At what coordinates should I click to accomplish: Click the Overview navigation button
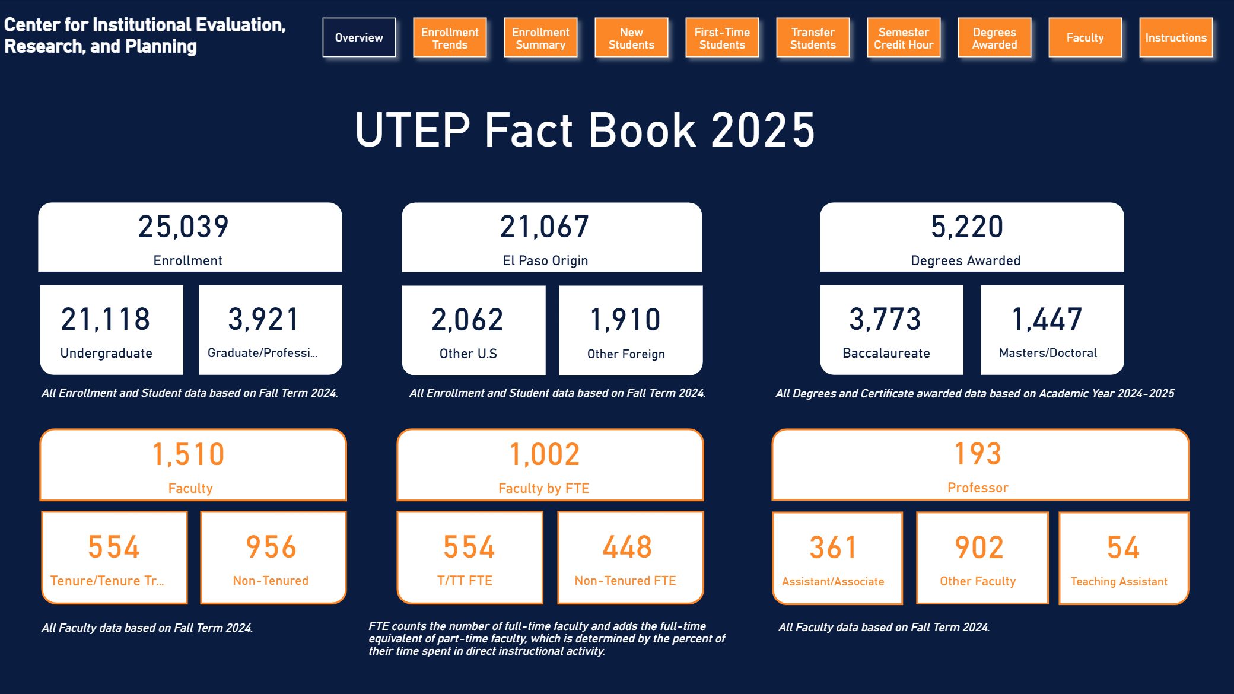pyautogui.click(x=359, y=37)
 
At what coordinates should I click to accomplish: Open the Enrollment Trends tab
pyautogui.click(x=450, y=38)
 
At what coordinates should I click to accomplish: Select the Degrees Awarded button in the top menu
pyautogui.click(x=994, y=38)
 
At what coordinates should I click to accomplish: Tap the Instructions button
pyautogui.click(x=1176, y=38)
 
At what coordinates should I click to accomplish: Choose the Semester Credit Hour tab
pyautogui.click(x=904, y=38)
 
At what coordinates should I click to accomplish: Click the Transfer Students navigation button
pyautogui.click(x=813, y=38)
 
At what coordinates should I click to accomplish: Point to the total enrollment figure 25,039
pyautogui.click(x=184, y=227)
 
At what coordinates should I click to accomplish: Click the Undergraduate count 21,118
pyautogui.click(x=106, y=319)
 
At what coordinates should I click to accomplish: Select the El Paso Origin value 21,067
pyautogui.click(x=545, y=227)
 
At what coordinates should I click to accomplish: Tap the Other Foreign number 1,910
pyautogui.click(x=626, y=320)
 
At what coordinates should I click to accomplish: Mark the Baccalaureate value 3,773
pyautogui.click(x=886, y=319)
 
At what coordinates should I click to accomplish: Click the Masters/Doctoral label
pyautogui.click(x=1048, y=353)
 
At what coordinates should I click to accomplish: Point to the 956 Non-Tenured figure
pyautogui.click(x=271, y=547)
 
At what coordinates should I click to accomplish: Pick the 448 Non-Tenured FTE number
pyautogui.click(x=628, y=547)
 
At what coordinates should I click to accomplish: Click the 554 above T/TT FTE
pyautogui.click(x=469, y=547)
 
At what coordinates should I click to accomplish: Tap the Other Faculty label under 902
pyautogui.click(x=978, y=581)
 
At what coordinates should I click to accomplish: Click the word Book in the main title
pyautogui.click(x=642, y=130)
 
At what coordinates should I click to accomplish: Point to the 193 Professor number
pyautogui.click(x=978, y=454)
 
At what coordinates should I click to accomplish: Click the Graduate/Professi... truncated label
pyautogui.click(x=262, y=353)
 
